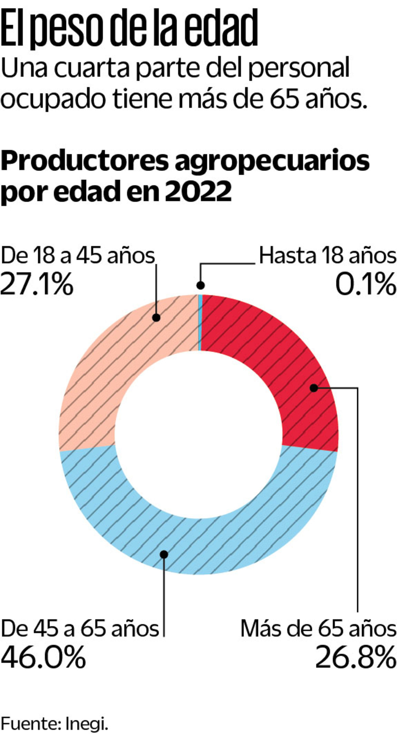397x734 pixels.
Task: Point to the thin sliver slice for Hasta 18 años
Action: pyautogui.click(x=200, y=323)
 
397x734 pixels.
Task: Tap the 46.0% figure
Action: pyautogui.click(x=43, y=657)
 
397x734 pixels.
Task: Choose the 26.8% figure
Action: pyautogui.click(x=356, y=657)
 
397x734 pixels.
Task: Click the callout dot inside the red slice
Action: pyautogui.click(x=314, y=388)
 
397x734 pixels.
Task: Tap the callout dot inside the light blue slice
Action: pyautogui.click(x=164, y=555)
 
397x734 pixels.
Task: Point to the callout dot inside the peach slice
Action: pyautogui.click(x=156, y=318)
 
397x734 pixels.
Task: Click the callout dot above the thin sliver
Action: pyautogui.click(x=201, y=285)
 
